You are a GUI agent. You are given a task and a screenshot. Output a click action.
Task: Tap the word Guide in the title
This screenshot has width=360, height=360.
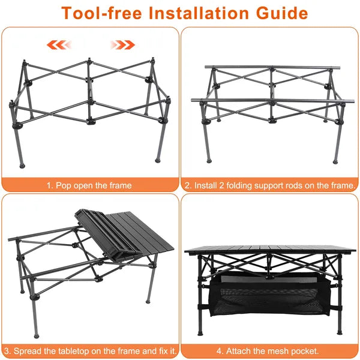(x=282, y=13)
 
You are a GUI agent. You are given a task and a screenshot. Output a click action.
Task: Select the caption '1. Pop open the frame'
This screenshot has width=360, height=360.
(x=89, y=185)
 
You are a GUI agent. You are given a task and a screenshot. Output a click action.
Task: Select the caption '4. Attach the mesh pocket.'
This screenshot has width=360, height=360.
(x=269, y=349)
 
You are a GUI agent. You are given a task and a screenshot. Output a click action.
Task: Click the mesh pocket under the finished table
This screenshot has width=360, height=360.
(x=269, y=295)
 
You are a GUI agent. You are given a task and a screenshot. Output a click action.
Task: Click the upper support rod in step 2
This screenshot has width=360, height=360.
(x=272, y=67)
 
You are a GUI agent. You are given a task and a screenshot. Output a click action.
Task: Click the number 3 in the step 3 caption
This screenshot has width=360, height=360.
(x=5, y=349)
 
